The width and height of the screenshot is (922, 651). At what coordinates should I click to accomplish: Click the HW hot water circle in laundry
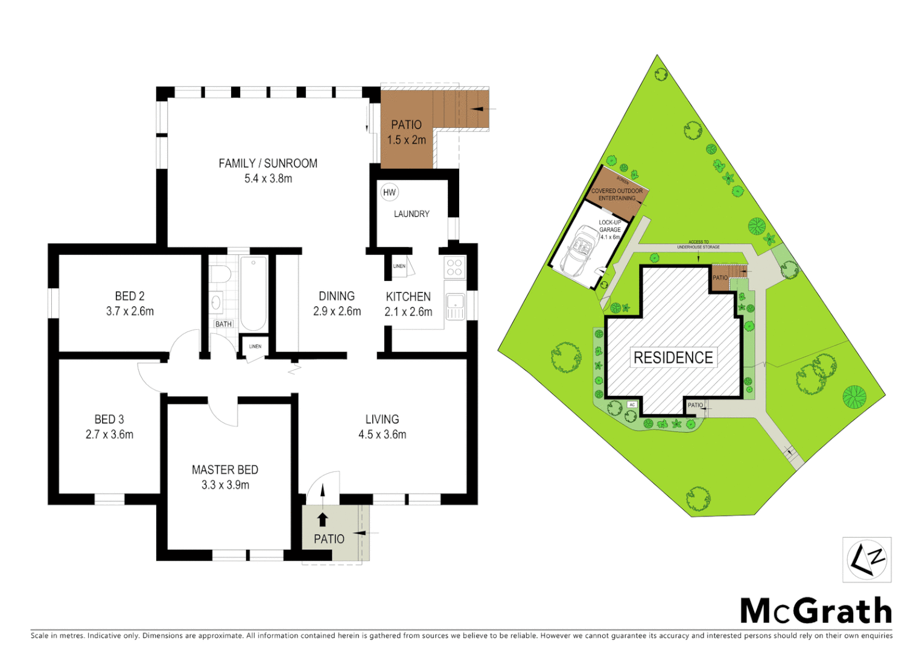click(389, 192)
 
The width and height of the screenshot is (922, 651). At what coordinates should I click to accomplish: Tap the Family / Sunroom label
click(268, 163)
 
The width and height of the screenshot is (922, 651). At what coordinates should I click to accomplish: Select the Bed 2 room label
click(130, 296)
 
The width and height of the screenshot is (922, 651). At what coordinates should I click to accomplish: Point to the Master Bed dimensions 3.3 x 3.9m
click(225, 485)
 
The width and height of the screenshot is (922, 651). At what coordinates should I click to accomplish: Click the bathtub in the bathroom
click(253, 293)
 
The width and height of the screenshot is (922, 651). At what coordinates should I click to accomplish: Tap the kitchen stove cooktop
click(454, 268)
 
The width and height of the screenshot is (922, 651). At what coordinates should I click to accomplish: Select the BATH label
click(223, 324)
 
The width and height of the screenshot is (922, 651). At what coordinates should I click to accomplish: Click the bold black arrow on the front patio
click(322, 520)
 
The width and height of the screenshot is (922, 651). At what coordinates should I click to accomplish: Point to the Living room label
click(382, 419)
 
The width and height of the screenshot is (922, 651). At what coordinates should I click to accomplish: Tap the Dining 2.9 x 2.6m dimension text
click(337, 312)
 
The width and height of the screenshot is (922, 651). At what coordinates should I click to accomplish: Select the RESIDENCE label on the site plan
click(673, 357)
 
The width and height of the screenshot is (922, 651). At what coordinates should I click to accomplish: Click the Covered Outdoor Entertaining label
click(617, 194)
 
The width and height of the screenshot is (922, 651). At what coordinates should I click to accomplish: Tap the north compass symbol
click(866, 560)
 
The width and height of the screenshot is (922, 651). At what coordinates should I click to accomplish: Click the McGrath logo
click(816, 611)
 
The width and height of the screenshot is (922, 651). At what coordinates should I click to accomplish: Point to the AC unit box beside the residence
click(632, 404)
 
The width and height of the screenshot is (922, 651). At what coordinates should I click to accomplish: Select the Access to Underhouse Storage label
click(698, 245)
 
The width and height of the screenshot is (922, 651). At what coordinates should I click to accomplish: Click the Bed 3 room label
click(109, 419)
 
